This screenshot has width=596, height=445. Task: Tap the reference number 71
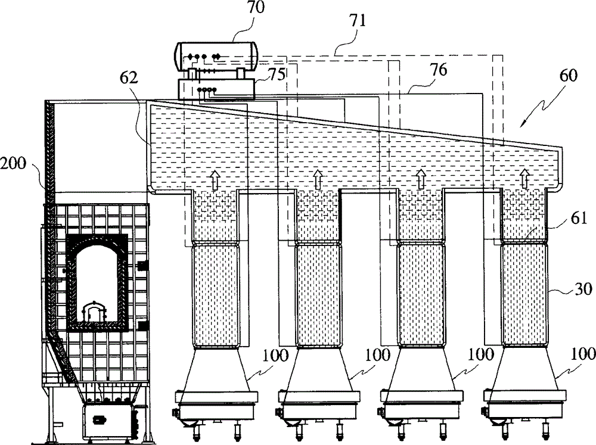click(358, 20)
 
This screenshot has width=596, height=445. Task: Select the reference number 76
click(438, 70)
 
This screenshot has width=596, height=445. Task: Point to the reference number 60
click(568, 76)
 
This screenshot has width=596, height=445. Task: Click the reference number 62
click(128, 77)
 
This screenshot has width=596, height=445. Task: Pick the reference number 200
click(13, 163)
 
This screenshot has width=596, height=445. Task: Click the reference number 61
click(579, 219)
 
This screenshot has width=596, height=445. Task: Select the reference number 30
click(583, 289)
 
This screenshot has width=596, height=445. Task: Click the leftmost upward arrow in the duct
click(215, 180)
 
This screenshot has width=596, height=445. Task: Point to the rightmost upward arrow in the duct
click(524, 179)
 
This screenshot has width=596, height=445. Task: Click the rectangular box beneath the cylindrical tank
click(217, 89)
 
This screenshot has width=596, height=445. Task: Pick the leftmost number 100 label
click(275, 356)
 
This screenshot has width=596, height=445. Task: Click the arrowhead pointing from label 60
click(522, 123)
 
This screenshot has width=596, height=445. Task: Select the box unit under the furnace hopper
click(107, 421)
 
